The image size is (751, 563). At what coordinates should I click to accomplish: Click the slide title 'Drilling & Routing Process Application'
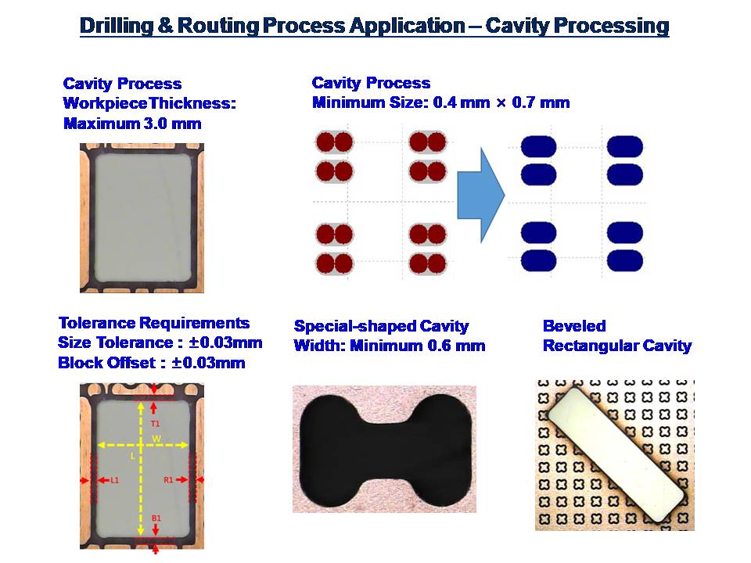pos(272,25)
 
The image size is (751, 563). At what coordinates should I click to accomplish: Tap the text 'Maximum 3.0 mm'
pos(132,124)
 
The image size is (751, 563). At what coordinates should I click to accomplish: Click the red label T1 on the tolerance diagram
pos(155,424)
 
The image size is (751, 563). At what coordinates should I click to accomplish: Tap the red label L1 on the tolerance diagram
pos(114,479)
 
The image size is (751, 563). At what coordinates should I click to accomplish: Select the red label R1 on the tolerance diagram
pos(168,479)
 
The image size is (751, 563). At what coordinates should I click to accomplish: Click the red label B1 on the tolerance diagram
pos(156,518)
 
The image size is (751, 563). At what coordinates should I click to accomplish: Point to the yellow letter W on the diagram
pos(156,439)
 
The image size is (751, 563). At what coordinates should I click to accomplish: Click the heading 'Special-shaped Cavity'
pos(381,326)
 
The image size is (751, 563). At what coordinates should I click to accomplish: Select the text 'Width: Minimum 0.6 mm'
pos(390,346)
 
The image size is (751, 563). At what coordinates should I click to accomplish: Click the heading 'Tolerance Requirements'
pos(154,323)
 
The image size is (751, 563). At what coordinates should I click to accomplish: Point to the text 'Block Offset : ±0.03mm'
pos(151,362)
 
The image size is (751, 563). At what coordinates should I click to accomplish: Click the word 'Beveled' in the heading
pos(574,326)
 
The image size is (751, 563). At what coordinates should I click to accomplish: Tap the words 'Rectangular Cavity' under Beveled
pos(617,346)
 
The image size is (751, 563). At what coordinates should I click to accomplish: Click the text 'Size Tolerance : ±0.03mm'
pos(160,342)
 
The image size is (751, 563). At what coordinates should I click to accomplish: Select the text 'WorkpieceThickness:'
pos(149,103)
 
